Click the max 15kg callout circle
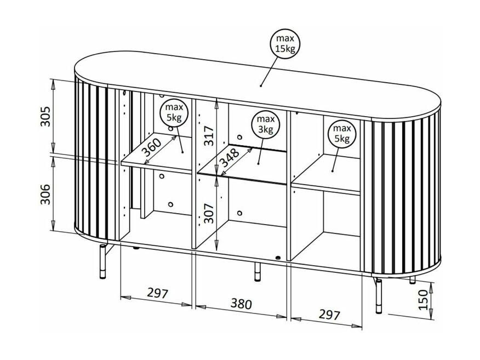coord(285,43)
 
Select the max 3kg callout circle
coord(265,124)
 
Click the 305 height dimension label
coord(45,116)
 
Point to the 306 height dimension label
coord(45,195)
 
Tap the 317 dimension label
coord(210,135)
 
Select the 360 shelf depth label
coord(152,147)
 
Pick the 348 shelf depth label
coord(230,157)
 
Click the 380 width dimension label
coord(241,304)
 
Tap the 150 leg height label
coord(423,300)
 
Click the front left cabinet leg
coord(103,261)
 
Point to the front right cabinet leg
coord(379,296)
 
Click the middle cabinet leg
coord(258,272)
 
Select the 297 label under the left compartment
coord(158,293)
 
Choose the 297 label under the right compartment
coord(329,314)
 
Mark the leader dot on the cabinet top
coord(261,85)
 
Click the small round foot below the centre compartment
coord(278,258)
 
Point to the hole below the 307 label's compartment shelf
coord(239,213)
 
